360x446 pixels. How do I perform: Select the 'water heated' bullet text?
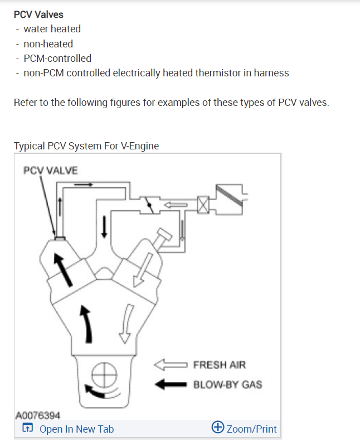point(52,29)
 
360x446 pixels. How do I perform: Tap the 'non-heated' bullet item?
point(48,43)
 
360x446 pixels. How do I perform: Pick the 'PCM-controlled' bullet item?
point(57,58)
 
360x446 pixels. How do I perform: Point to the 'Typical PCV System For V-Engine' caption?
point(86,146)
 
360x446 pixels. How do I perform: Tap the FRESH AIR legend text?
point(219,366)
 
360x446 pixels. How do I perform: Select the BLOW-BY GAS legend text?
point(227,384)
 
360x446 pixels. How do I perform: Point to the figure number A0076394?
point(38,415)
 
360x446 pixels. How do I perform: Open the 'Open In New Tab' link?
point(76,429)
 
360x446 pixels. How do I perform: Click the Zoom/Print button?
point(251,429)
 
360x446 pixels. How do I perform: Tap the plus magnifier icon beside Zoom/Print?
point(218,428)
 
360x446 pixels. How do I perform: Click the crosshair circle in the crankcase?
point(103,375)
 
